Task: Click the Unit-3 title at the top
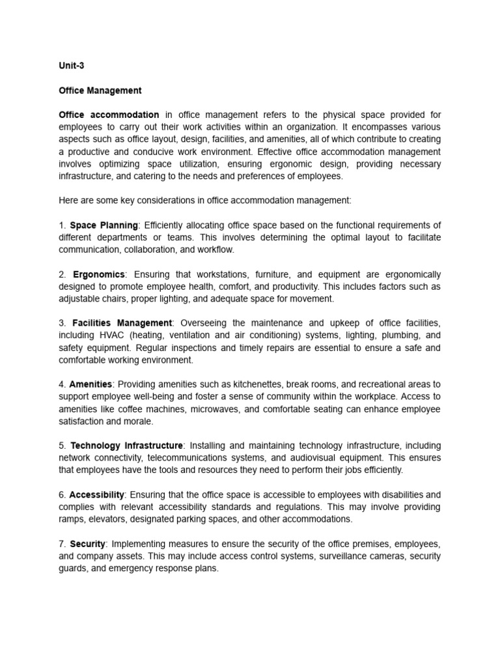pyautogui.click(x=72, y=66)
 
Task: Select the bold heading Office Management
pyautogui.click(x=100, y=91)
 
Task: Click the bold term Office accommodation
pyautogui.click(x=109, y=115)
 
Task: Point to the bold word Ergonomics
pyautogui.click(x=98, y=274)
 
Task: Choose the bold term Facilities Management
pyautogui.click(x=122, y=323)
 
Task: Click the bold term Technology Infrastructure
pyautogui.click(x=126, y=446)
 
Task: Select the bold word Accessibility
pyautogui.click(x=96, y=494)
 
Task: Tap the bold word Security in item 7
pyautogui.click(x=87, y=543)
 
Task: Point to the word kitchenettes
pyautogui.click(x=223, y=384)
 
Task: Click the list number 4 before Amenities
pyautogui.click(x=61, y=384)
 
